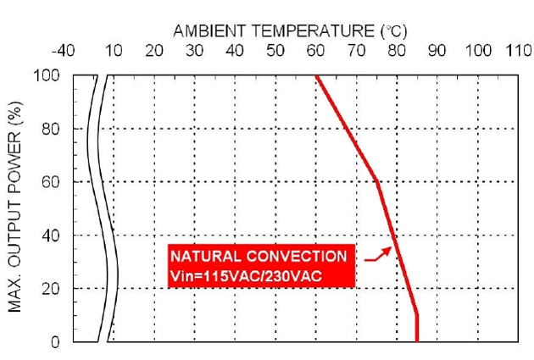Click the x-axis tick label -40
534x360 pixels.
[64, 51]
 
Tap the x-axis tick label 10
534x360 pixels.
[114, 51]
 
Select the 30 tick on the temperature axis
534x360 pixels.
[194, 51]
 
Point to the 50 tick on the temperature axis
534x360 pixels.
[275, 51]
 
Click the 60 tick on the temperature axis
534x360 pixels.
[315, 51]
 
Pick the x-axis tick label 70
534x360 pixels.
[356, 51]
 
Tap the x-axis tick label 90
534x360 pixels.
[437, 51]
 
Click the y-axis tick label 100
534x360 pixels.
[47, 76]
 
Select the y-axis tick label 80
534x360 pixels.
[52, 129]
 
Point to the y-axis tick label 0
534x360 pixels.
[56, 342]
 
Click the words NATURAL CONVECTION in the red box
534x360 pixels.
[259, 256]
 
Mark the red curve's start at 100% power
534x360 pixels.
[315, 76]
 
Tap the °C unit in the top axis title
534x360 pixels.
[395, 31]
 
